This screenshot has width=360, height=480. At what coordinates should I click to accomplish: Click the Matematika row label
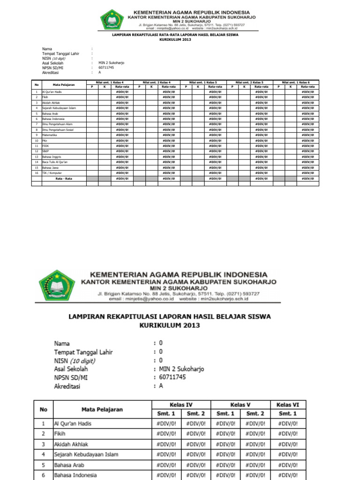point(50,135)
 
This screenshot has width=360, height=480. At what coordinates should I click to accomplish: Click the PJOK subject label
point(46,146)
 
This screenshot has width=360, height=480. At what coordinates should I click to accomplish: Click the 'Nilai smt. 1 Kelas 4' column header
point(110,82)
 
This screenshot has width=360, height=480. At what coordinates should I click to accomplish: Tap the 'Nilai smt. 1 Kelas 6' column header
point(297,82)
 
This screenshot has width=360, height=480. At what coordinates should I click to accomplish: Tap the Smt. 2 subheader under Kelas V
point(255,414)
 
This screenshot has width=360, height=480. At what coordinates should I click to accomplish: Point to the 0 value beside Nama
point(161,343)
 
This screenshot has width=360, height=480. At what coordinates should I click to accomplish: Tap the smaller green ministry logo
point(112,20)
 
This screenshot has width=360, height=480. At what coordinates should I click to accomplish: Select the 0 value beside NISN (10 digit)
point(161,360)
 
